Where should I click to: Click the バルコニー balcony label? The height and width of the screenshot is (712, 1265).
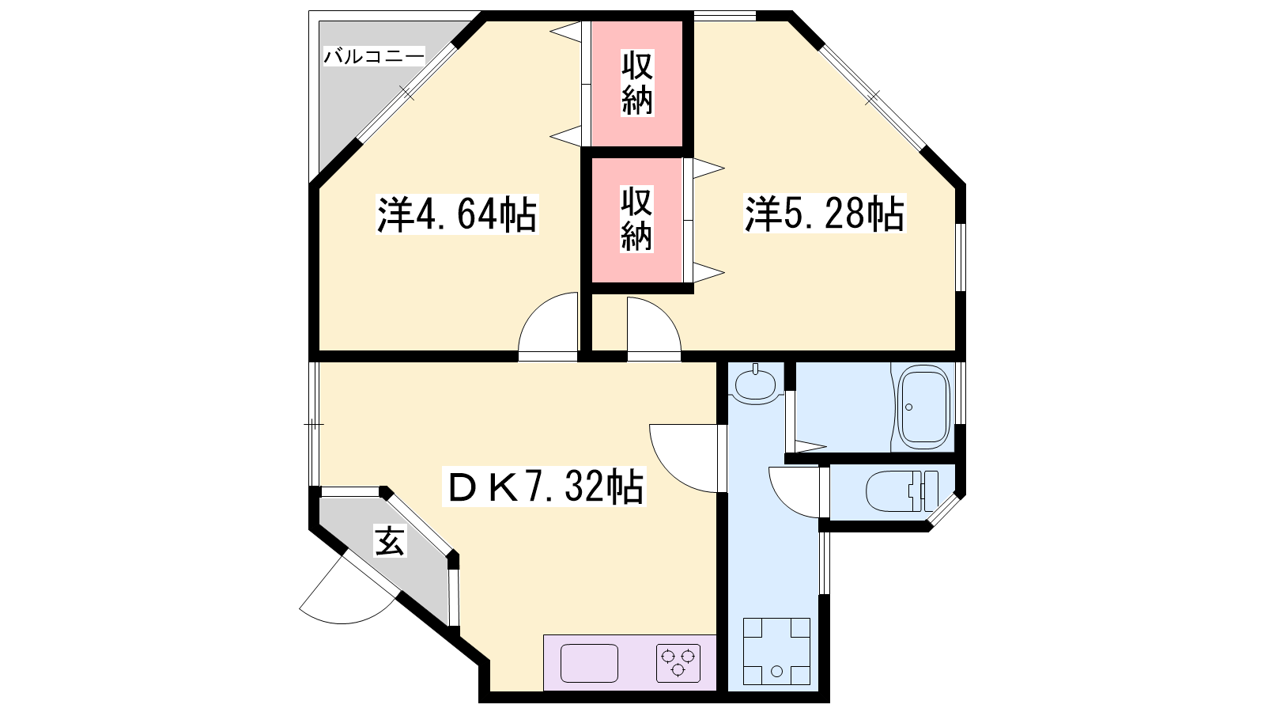point(374,56)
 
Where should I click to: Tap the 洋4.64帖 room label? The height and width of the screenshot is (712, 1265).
point(458,214)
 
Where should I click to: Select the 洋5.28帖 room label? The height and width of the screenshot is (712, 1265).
point(825,214)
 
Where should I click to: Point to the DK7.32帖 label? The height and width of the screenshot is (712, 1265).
point(545,487)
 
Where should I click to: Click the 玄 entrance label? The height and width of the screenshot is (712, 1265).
point(390,541)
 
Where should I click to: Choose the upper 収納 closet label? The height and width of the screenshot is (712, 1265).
point(637,82)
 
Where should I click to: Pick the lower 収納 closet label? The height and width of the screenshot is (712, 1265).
point(636,218)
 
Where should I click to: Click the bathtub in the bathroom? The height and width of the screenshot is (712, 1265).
point(924,407)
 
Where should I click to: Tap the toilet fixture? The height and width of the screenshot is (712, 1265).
point(902,491)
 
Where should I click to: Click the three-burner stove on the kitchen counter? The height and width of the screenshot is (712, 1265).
point(678,663)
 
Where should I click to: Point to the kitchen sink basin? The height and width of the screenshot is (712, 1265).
point(589,663)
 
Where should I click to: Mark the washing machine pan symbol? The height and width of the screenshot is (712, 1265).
point(776,651)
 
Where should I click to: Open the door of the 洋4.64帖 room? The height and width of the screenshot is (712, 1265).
point(549,326)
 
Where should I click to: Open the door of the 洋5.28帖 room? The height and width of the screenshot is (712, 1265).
point(654,328)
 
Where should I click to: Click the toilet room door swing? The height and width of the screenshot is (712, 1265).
point(795,491)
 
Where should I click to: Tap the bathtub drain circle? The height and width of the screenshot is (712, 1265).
point(908,407)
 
